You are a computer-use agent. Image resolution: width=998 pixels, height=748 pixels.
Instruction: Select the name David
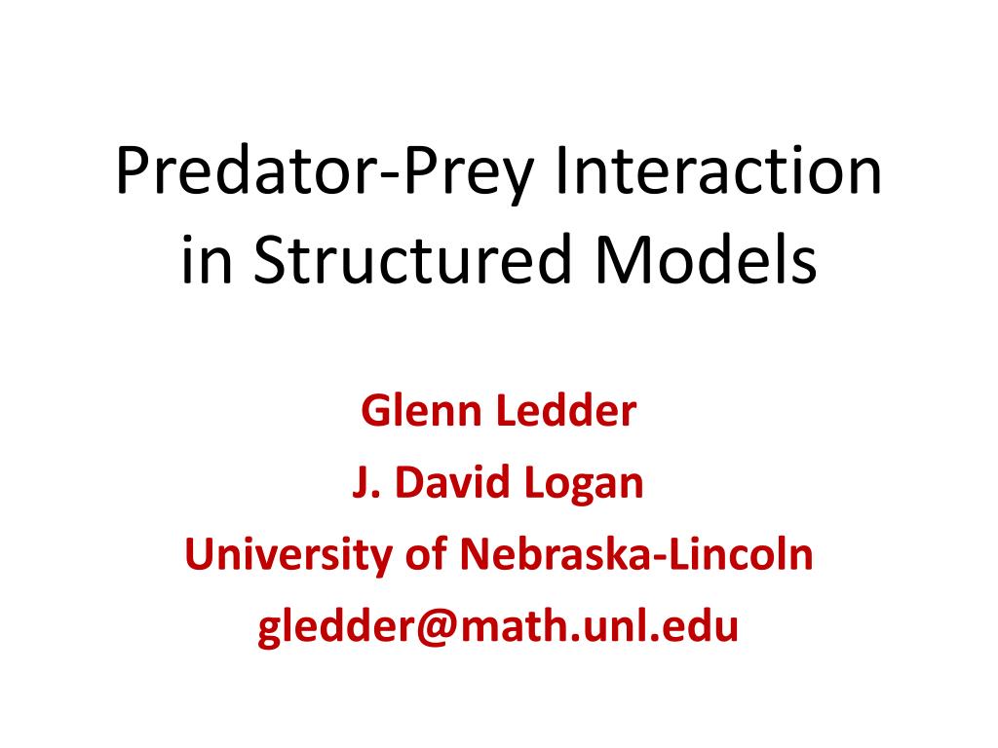(x=450, y=483)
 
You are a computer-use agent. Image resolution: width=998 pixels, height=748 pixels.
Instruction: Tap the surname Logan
(x=588, y=484)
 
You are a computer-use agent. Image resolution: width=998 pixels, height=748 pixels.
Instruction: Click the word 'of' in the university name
(x=425, y=555)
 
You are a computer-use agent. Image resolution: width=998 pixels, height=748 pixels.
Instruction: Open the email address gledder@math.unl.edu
(x=498, y=627)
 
